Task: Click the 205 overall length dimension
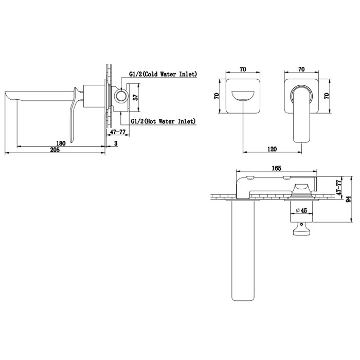[55, 150]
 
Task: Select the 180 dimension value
[61, 143]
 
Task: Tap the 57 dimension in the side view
[136, 97]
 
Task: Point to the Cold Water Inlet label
[163, 74]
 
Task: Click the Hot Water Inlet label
[163, 121]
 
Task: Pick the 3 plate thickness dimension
[116, 143]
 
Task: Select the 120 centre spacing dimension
[272, 149]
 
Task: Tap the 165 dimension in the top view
[277, 168]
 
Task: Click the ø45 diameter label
[301, 210]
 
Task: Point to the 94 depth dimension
[348, 199]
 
